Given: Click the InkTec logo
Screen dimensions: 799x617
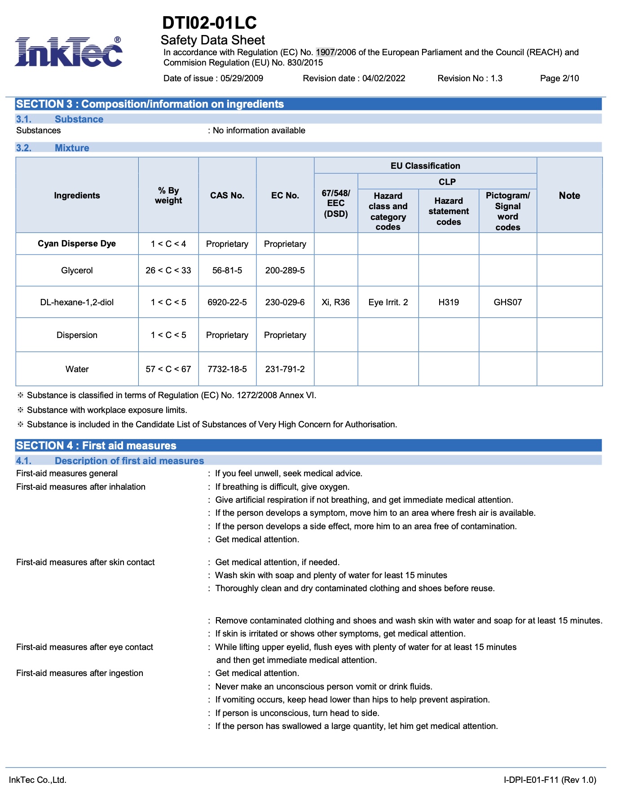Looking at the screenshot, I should pos(68,52).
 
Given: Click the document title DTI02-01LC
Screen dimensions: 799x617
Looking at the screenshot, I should pos(209,23).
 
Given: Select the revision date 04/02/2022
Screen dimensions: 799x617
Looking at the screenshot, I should pos(383,79).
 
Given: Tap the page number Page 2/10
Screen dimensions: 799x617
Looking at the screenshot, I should pos(559,79).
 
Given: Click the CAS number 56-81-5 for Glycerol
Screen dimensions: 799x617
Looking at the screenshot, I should pos(227,271).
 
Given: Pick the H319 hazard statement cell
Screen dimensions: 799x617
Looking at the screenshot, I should pos(448,303).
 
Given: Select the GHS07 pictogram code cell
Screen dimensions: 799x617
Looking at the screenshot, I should pos(507,303).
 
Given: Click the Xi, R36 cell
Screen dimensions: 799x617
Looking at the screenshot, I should pos(335,303).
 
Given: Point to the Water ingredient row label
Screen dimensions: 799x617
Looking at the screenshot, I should pos(77,369).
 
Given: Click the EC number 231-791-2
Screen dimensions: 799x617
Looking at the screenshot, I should pos(285,369).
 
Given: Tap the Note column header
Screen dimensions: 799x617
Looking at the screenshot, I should pos(569,196).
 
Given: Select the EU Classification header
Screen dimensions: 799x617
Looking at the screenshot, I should pos(425,166).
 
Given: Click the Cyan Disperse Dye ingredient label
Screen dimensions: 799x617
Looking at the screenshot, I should pos(77,244).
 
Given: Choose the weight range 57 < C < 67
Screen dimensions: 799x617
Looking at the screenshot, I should pos(168,369).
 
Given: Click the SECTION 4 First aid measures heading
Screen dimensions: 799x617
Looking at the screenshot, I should pos(96,446).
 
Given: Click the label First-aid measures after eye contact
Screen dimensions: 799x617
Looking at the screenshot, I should pos(84,647).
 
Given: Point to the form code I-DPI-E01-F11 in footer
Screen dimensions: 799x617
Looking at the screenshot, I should pos(549,780).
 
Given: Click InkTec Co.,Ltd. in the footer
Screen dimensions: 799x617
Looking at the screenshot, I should pos(38,780).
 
